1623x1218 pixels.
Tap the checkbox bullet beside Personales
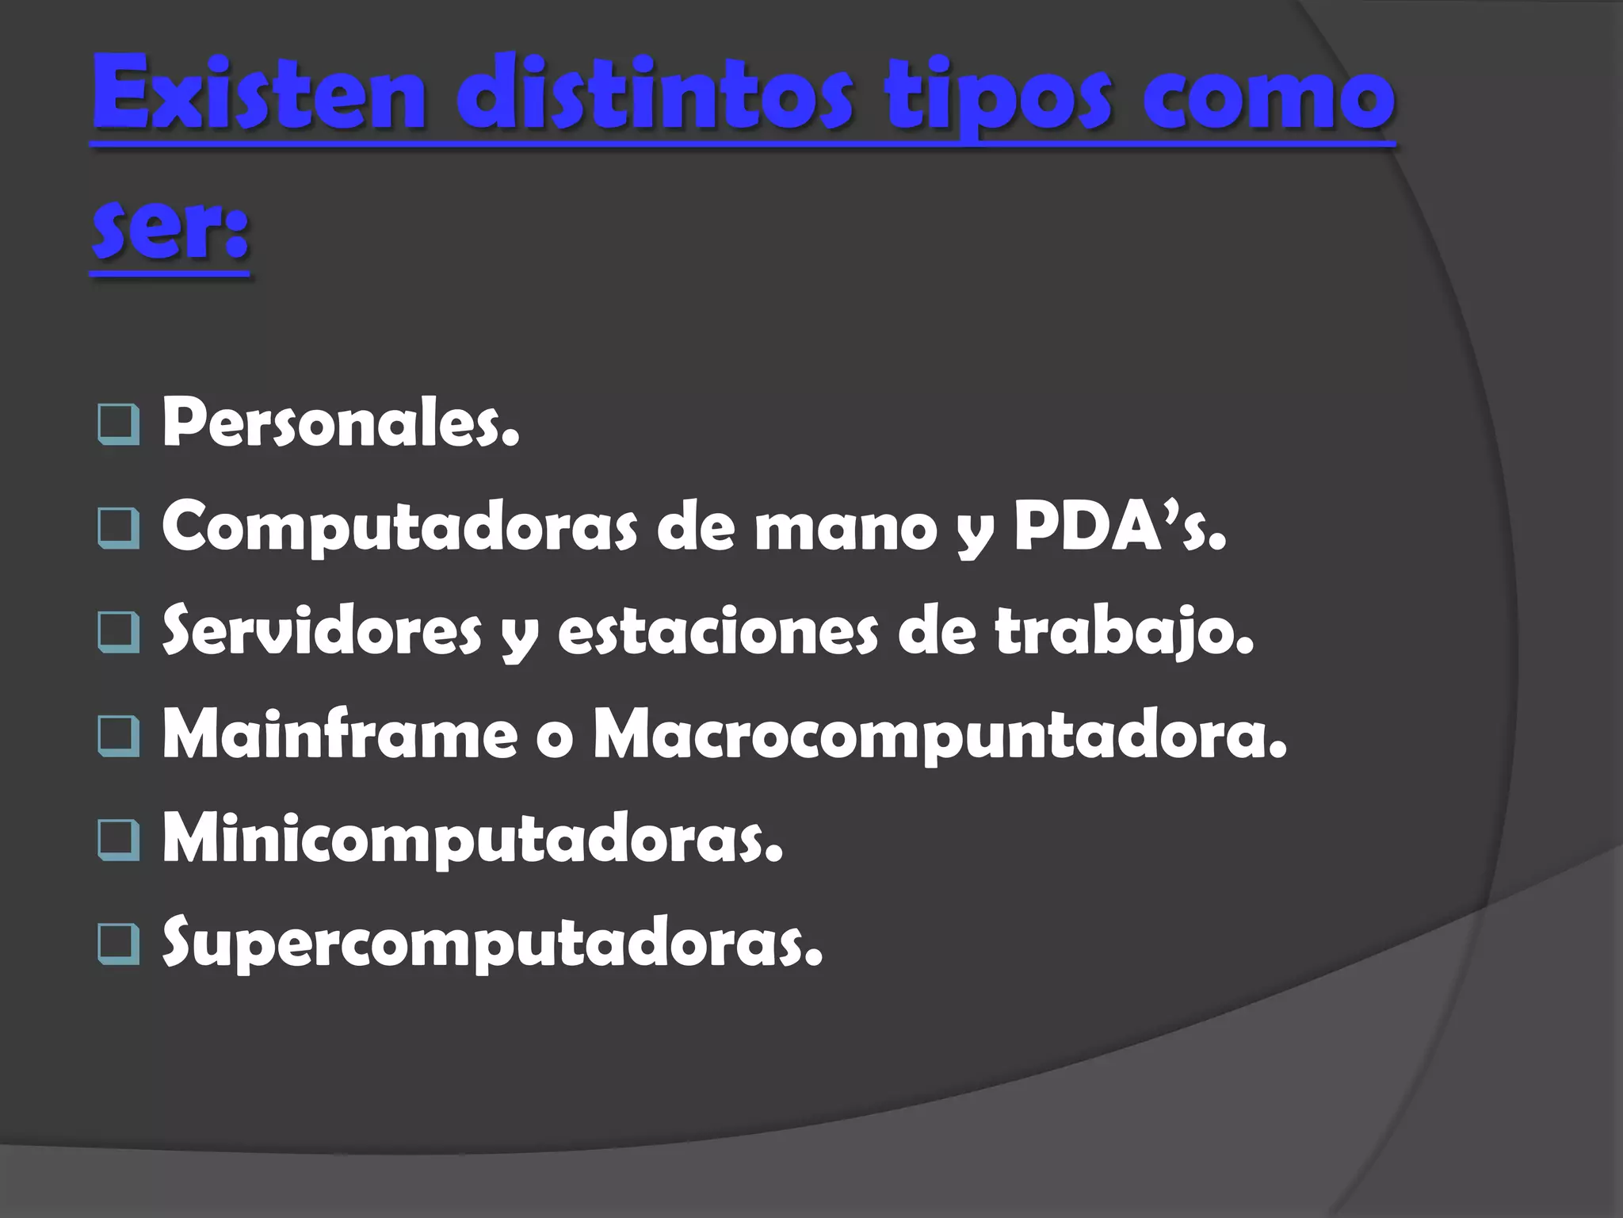coord(119,424)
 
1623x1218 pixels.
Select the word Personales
coord(341,422)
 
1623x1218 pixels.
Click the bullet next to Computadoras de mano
coord(119,528)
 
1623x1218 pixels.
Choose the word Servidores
coord(322,630)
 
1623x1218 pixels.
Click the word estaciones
coord(718,632)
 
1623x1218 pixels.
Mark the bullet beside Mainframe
coord(119,735)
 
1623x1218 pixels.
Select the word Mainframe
coord(340,735)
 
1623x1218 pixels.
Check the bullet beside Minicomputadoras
coord(119,841)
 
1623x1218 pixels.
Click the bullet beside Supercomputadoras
coord(119,944)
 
